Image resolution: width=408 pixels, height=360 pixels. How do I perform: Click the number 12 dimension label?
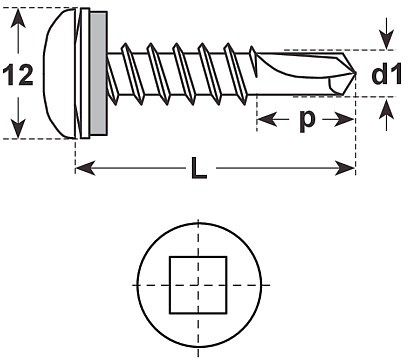tap(18, 74)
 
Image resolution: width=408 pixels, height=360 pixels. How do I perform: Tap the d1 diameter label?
tap(387, 74)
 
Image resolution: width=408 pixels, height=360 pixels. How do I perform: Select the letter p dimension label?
tap(306, 120)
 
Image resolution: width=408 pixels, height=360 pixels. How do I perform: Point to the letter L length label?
tap(199, 168)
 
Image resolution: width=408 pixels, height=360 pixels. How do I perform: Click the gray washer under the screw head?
tap(98, 73)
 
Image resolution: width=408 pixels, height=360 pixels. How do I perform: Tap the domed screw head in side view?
tap(60, 73)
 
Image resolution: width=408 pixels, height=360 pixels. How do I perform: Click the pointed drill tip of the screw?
tap(354, 73)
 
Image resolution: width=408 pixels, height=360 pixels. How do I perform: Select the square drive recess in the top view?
tap(198, 285)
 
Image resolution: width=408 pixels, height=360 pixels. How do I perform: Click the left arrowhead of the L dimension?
tap(85, 168)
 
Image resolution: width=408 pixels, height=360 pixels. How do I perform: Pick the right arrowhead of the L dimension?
tap(345, 168)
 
